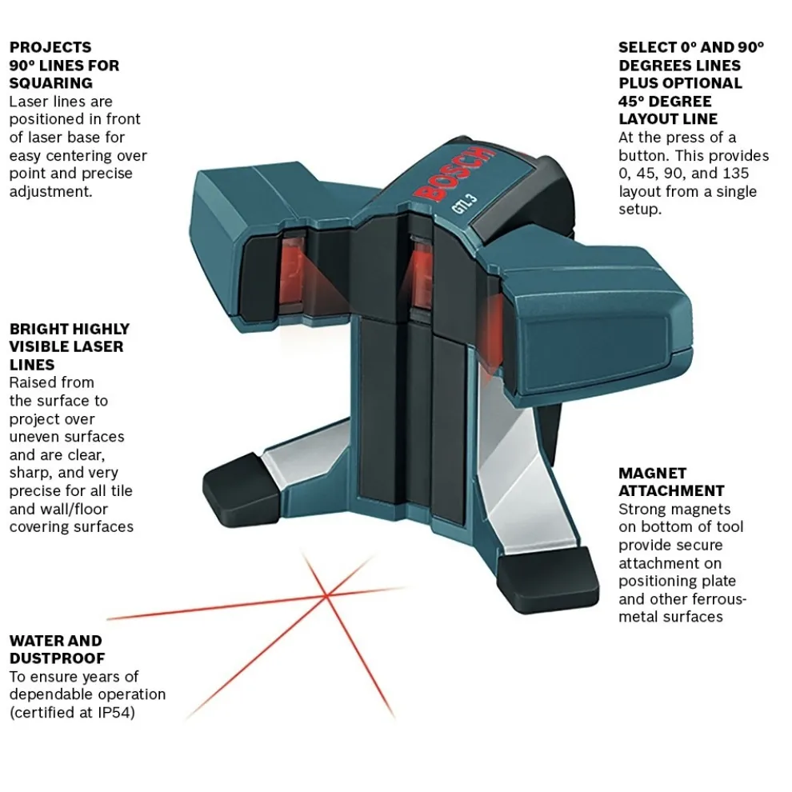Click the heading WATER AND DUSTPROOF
[56, 650]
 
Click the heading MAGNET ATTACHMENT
[671, 482]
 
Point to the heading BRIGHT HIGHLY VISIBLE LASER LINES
[69, 346]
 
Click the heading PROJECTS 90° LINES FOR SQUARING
[64, 65]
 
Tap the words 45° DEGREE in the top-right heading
[665, 101]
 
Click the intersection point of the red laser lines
[326, 594]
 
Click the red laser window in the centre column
[419, 276]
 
